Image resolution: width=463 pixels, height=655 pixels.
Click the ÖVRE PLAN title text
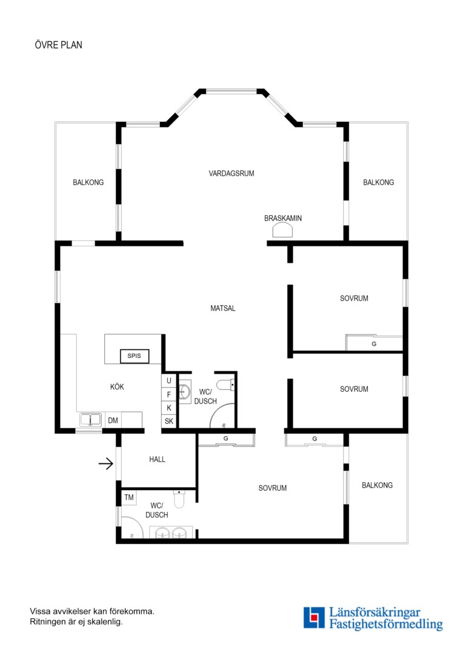point(58,45)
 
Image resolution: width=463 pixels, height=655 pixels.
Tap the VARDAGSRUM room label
point(232,173)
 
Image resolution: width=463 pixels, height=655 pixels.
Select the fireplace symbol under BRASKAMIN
point(282,230)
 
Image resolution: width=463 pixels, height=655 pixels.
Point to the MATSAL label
point(223,308)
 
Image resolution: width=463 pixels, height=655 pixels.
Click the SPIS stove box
point(135,356)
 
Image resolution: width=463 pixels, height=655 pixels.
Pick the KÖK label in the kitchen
point(117,387)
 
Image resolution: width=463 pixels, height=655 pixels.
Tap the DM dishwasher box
point(113,420)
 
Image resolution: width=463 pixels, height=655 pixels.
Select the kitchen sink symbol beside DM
point(90,420)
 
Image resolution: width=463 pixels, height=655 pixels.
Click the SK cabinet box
point(168,421)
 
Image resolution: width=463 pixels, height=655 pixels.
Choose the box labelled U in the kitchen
point(168,380)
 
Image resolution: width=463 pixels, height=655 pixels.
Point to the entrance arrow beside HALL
point(106,463)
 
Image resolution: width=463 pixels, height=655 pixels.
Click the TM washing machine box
point(129,497)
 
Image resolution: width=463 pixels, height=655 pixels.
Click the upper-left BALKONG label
point(88,183)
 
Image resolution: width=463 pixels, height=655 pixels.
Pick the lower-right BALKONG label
point(377,485)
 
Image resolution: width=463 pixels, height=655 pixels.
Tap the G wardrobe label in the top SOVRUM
point(374,344)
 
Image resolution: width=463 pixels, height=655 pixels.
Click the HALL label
point(157,460)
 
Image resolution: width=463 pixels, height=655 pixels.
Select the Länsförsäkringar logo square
point(314,618)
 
